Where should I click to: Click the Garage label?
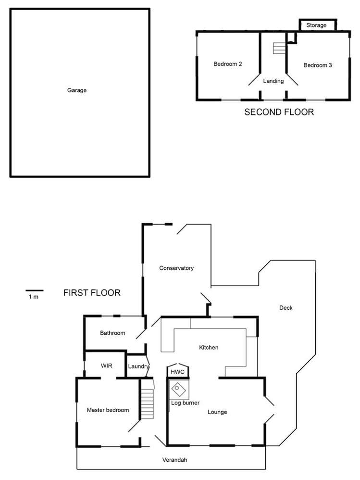(77, 90)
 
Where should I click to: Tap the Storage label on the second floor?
(316, 25)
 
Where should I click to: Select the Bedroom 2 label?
(227, 64)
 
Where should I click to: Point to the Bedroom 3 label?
(318, 65)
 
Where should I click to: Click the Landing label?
(273, 81)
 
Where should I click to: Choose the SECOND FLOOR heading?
(279, 112)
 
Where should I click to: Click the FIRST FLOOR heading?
(91, 292)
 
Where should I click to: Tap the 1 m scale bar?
(35, 291)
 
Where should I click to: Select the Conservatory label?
(176, 268)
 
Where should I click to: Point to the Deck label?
(286, 308)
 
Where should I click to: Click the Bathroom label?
(112, 333)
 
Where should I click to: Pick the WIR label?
(106, 366)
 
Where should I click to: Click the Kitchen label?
(209, 347)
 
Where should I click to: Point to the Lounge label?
(217, 412)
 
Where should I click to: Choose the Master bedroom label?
(108, 410)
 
